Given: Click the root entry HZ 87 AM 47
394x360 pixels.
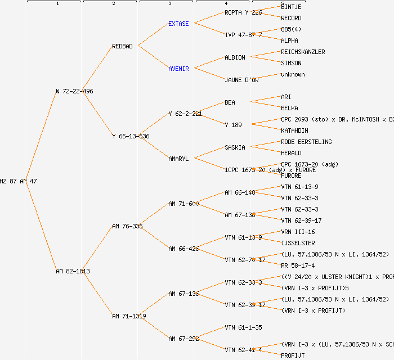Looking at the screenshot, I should (x=19, y=181).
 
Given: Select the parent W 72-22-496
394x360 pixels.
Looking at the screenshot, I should (x=74, y=91).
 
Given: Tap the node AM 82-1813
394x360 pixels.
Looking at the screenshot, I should (x=73, y=271).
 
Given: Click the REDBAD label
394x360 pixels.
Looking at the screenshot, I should (x=122, y=46).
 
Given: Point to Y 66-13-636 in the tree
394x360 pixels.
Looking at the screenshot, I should (x=131, y=136).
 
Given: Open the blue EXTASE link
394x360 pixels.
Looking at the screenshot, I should (x=178, y=24).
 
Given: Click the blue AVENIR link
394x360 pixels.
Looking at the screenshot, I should (x=178, y=69).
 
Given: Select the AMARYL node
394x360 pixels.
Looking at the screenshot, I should (x=178, y=159).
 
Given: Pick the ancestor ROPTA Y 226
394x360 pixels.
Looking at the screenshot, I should (x=243, y=12).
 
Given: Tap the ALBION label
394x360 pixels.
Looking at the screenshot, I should (x=235, y=57).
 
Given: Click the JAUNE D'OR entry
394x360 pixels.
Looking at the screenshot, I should (x=241, y=80).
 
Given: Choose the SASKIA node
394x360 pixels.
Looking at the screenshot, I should (x=235, y=147).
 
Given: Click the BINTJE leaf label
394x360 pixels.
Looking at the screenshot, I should (x=291, y=7).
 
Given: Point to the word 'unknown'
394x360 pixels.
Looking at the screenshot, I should (x=293, y=74).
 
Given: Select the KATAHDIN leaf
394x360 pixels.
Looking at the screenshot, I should (x=294, y=130).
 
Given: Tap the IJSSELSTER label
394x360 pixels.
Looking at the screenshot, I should (x=298, y=243).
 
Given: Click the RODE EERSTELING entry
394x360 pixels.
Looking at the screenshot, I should (x=306, y=142).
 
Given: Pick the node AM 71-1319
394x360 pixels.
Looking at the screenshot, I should (x=129, y=316).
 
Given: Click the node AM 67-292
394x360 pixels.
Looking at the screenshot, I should (x=183, y=339).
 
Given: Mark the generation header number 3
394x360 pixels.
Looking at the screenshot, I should (x=169, y=4).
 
